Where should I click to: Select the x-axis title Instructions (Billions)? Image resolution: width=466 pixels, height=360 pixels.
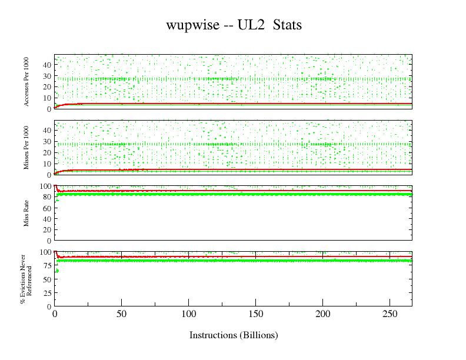(234, 335)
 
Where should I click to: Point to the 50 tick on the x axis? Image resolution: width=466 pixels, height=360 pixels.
(121, 314)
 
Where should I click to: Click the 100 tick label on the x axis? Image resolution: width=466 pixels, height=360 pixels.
(188, 314)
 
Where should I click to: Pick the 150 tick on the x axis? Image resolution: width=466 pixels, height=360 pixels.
(256, 314)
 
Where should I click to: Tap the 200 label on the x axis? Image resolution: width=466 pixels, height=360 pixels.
(323, 314)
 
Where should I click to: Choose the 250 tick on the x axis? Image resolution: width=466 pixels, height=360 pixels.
(390, 314)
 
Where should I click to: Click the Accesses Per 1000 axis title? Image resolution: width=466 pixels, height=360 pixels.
(27, 82)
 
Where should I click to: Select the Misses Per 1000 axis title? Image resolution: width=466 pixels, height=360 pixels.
(27, 148)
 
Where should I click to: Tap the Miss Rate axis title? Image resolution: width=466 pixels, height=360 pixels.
(27, 213)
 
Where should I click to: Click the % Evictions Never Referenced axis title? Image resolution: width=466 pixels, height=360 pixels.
(25, 279)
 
